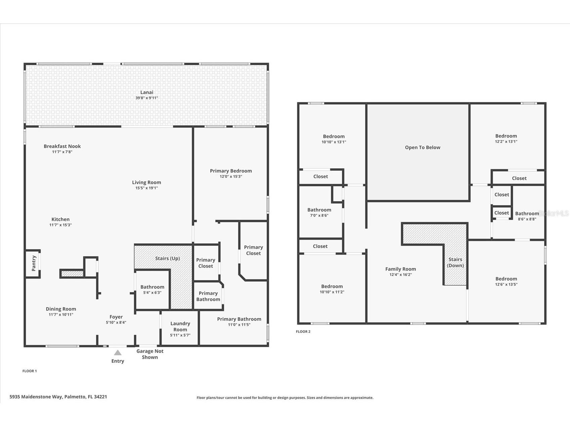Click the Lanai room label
pyautogui.click(x=147, y=92)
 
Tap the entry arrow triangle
pyautogui.click(x=118, y=352)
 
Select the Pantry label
pyautogui.click(x=34, y=263)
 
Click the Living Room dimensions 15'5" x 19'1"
pyautogui.click(x=146, y=188)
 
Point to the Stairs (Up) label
pyautogui.click(x=167, y=258)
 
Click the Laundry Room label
pyautogui.click(x=180, y=326)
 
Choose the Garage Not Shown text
pyautogui.click(x=150, y=354)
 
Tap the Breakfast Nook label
pyautogui.click(x=62, y=146)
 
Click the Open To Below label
pyautogui.click(x=422, y=147)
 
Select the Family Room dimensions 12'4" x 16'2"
pyautogui.click(x=400, y=275)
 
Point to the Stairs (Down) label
pyautogui.click(x=455, y=262)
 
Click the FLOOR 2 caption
pyautogui.click(x=303, y=331)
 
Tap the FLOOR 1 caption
pyautogui.click(x=30, y=371)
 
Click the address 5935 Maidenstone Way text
pyautogui.click(x=58, y=397)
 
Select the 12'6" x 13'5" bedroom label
pyautogui.click(x=506, y=279)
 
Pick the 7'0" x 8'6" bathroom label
pyautogui.click(x=319, y=210)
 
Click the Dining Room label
pyautogui.click(x=61, y=309)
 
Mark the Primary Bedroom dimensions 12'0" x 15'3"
pyautogui.click(x=231, y=177)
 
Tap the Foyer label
pyautogui.click(x=116, y=317)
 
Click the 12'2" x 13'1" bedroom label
pyautogui.click(x=506, y=136)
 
